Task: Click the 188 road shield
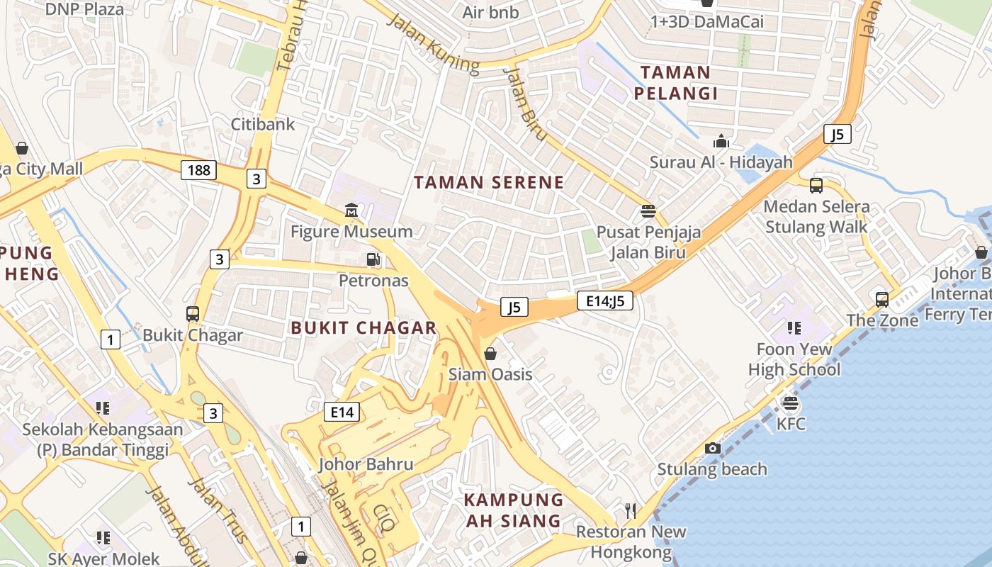199,170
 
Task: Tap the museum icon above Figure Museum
351,210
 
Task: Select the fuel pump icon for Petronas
373,260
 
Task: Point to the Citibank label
263,124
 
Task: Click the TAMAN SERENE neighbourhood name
489,182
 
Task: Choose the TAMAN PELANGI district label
675,82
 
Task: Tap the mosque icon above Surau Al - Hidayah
721,141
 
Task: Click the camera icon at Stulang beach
713,448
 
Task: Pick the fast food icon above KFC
791,403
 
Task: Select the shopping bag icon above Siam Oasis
490,353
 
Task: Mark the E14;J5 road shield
604,301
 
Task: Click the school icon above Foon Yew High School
794,327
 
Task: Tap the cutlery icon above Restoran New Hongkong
631,510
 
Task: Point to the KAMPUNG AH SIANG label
514,510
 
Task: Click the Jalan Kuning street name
433,43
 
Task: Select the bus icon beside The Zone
881,299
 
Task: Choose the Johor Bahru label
366,465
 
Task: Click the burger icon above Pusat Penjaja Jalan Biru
648,210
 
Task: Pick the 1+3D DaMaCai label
707,22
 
